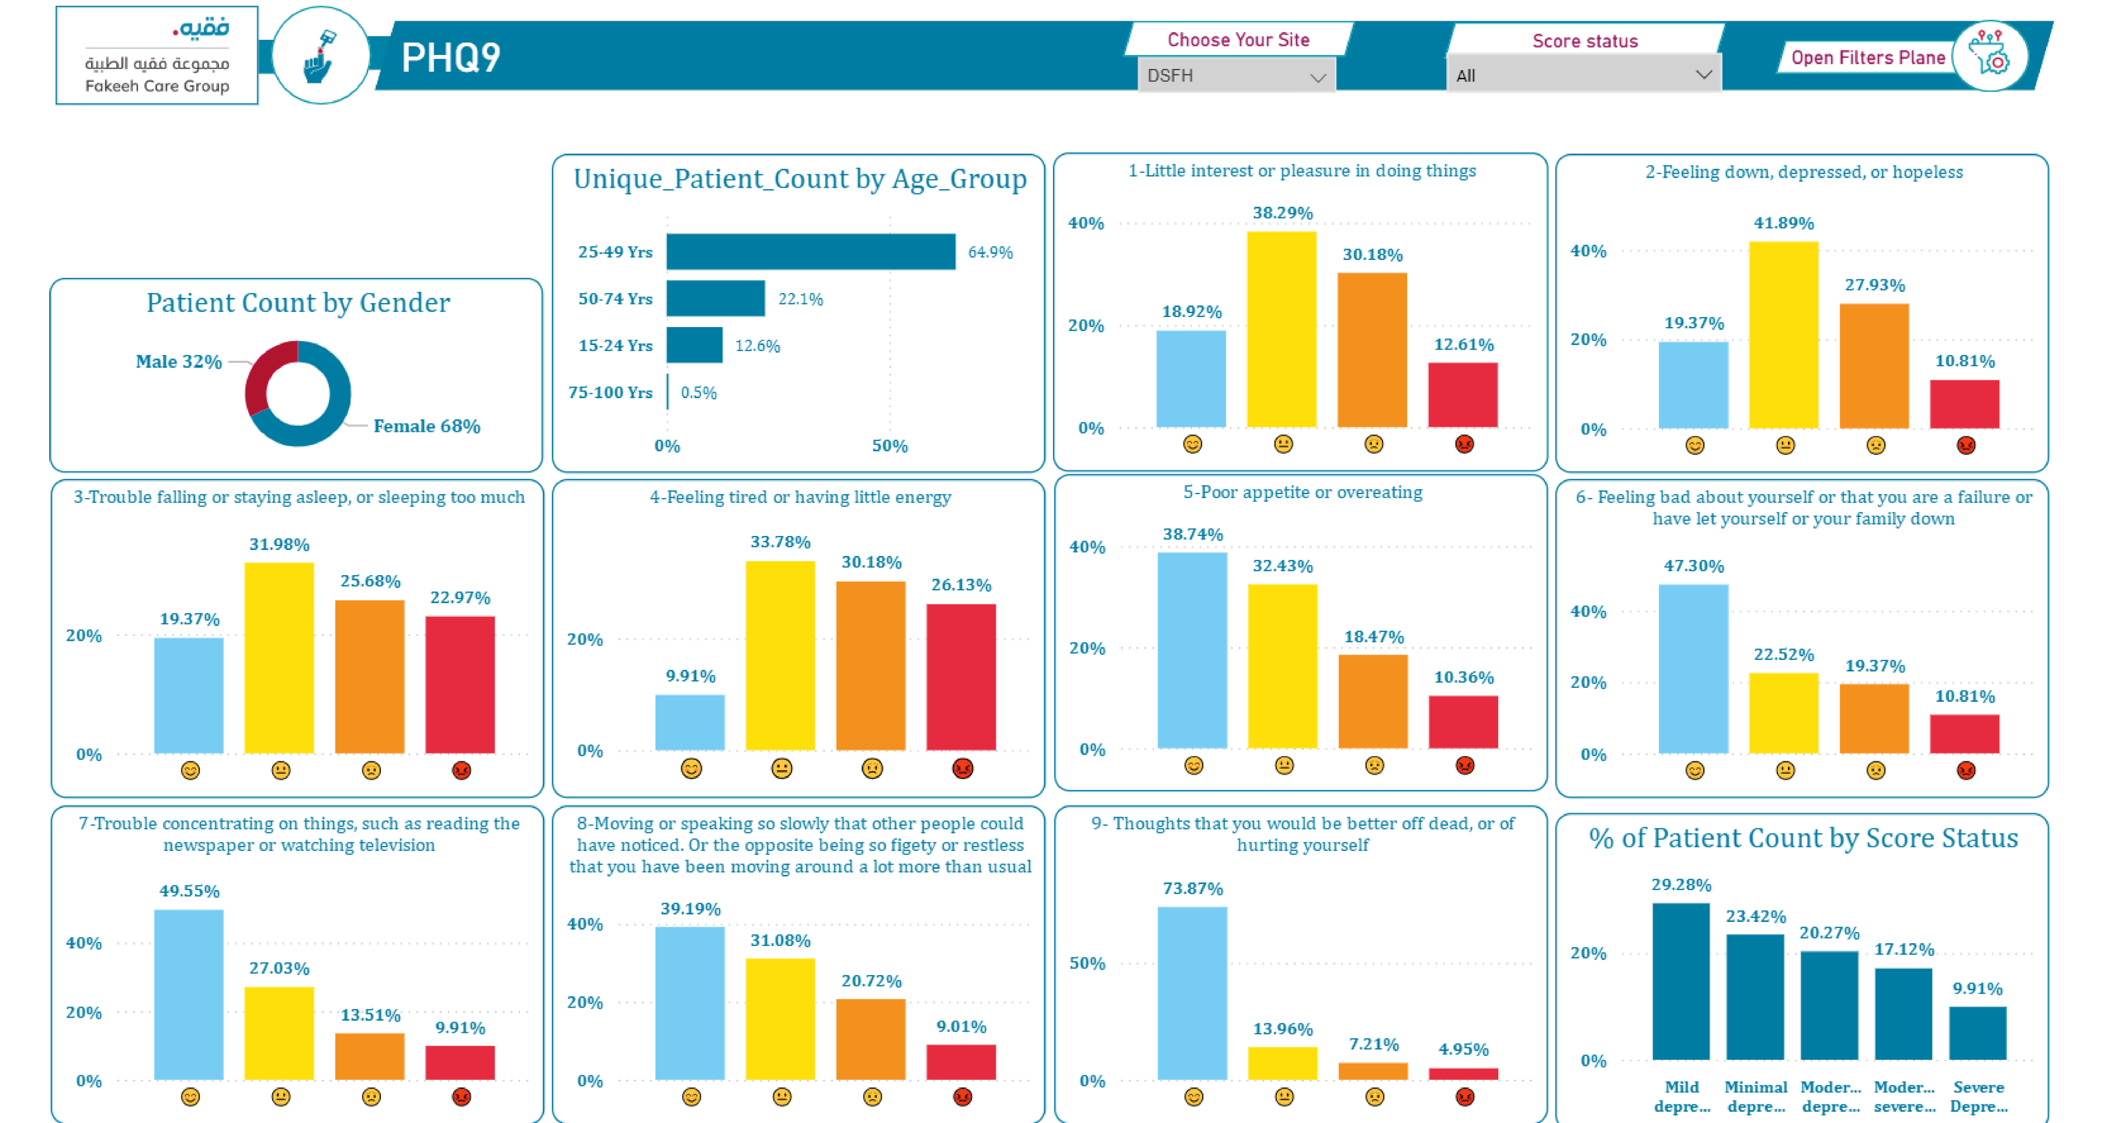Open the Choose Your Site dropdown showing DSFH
click(1236, 76)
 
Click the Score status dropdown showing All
click(1583, 76)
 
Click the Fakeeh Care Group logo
click(157, 56)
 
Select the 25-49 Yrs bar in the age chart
click(811, 252)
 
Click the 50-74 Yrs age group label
click(615, 299)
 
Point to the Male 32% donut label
click(179, 362)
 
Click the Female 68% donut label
click(427, 426)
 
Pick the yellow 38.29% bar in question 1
click(1282, 330)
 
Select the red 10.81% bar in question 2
click(1964, 404)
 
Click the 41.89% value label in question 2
click(1784, 224)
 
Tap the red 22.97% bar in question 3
click(460, 685)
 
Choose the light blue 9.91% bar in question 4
click(690, 722)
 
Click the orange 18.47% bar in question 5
click(1373, 702)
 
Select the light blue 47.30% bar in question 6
click(1694, 669)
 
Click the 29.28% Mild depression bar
click(1681, 981)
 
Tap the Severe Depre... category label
click(1978, 1096)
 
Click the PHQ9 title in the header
click(451, 58)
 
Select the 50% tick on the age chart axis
click(890, 446)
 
